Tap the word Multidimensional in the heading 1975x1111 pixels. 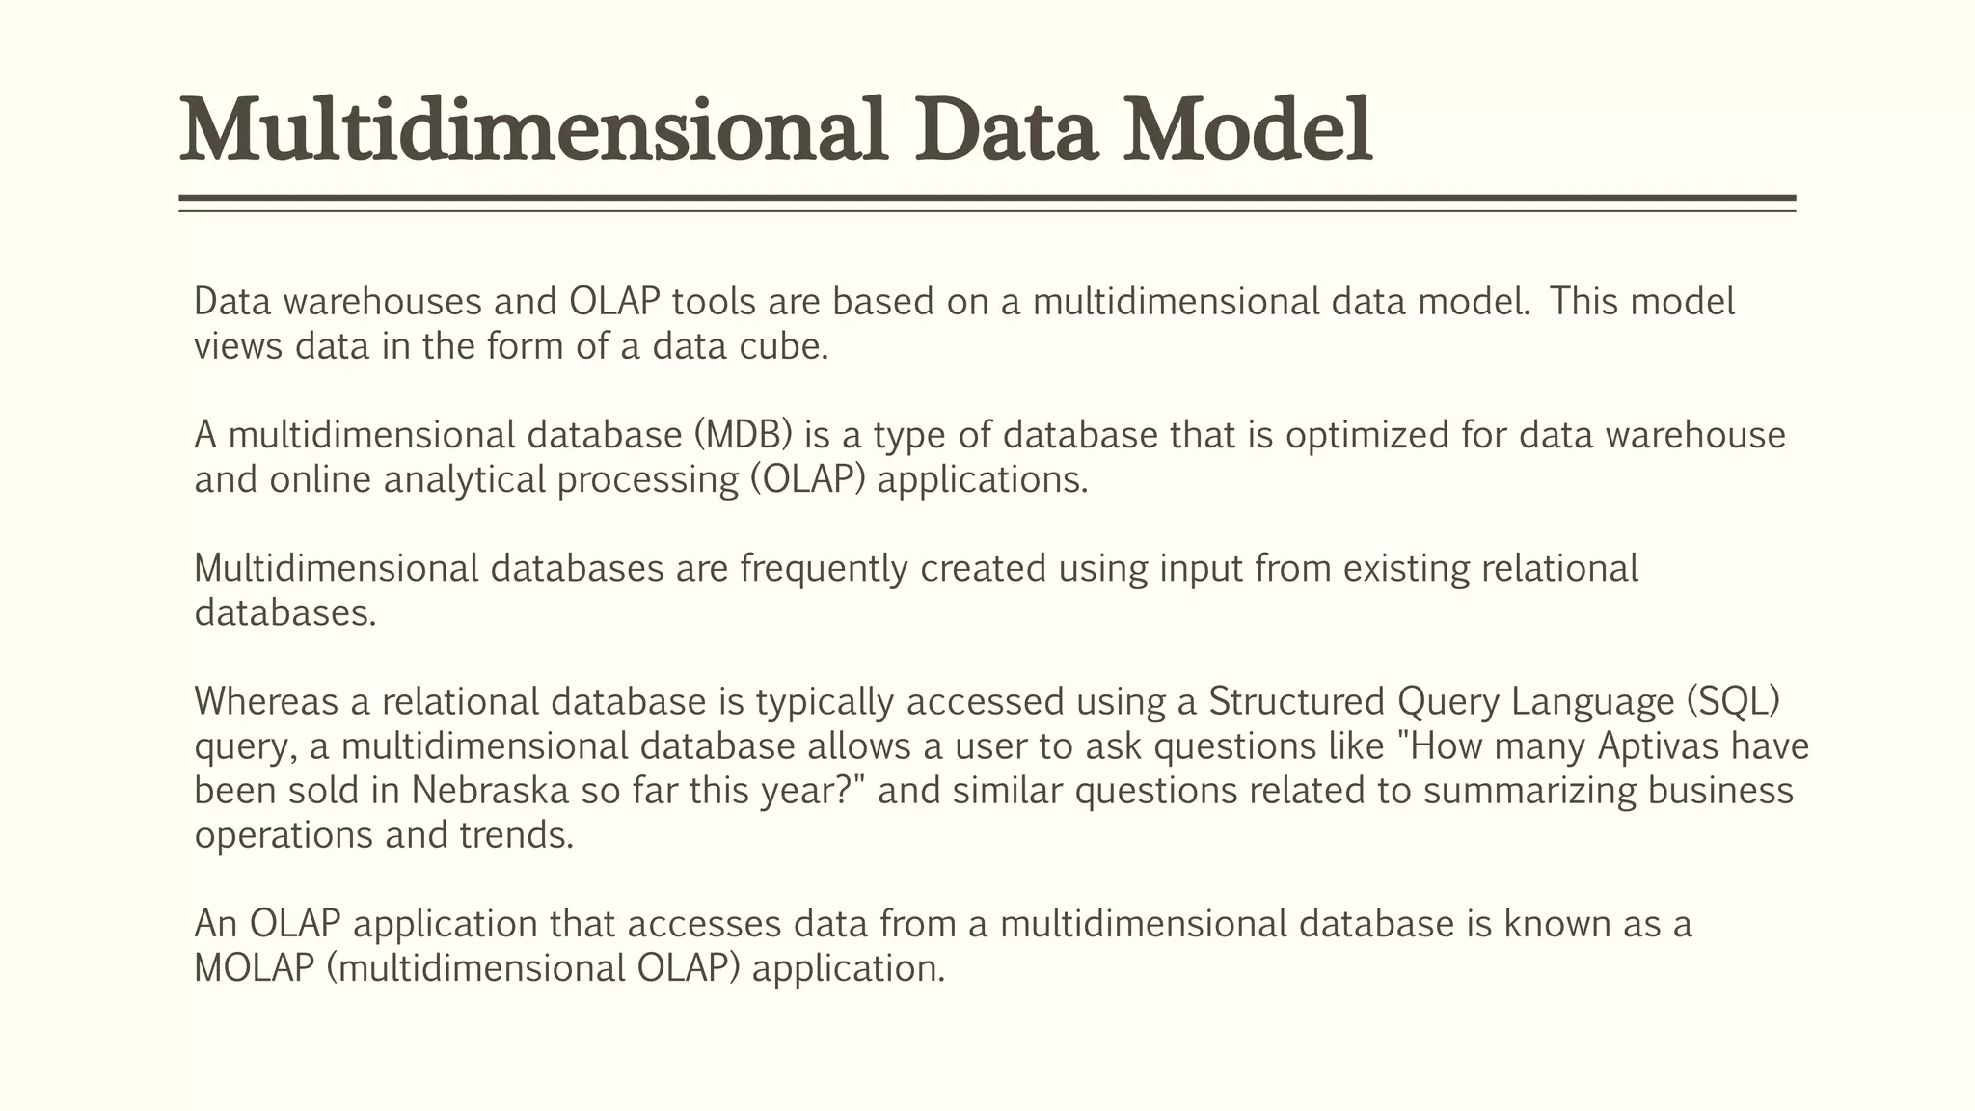(533, 130)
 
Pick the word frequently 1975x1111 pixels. (824, 568)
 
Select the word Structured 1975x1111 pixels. (1296, 701)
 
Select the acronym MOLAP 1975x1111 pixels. (255, 967)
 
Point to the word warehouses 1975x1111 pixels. (383, 302)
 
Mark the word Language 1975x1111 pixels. (1592, 701)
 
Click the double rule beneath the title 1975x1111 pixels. (987, 203)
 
